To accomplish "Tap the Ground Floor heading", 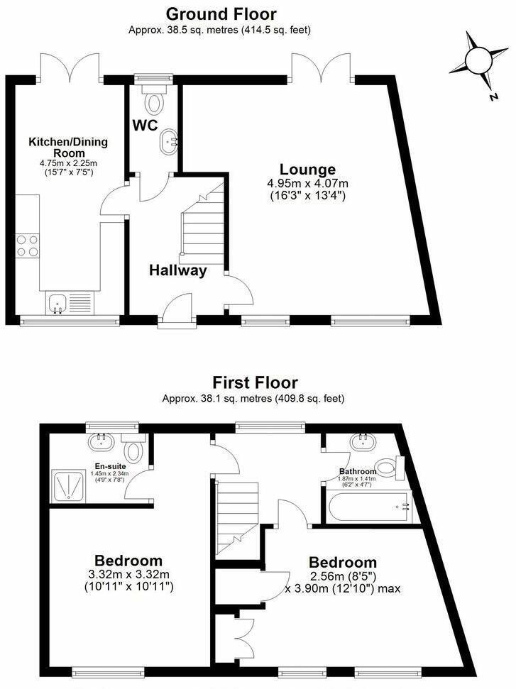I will coord(221,13).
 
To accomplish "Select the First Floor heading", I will coord(253,382).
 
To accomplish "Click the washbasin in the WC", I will coord(170,142).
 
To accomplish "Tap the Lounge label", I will coord(307,170).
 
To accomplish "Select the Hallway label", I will coord(177,270).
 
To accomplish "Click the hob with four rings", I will coord(28,246).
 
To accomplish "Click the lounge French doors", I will coord(322,70).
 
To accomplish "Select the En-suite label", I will coord(110,466).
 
